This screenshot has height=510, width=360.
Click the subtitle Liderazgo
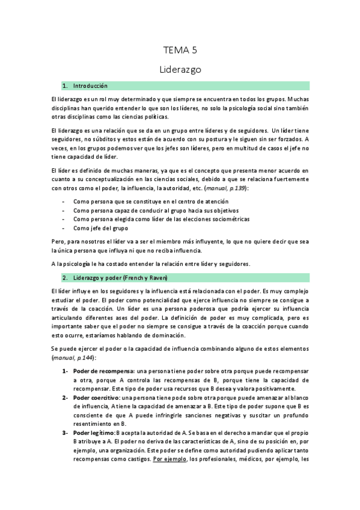(180, 69)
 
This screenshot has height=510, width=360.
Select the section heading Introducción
(90, 86)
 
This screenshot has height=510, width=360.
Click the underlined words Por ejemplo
(170, 460)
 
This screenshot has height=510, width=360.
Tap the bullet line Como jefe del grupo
(101, 229)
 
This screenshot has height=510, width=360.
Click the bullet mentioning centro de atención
(142, 200)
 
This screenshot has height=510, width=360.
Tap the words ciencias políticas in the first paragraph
(132, 117)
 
